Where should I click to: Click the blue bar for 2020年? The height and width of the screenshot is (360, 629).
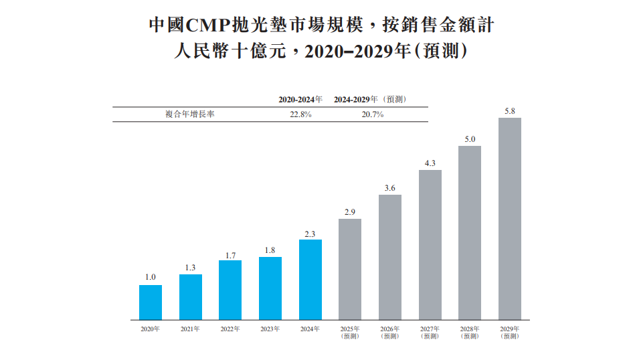[151, 302]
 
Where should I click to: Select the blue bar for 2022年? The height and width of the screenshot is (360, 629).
[230, 290]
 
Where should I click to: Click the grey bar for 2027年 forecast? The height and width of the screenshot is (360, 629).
[430, 244]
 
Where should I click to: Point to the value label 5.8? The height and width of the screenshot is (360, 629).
[510, 111]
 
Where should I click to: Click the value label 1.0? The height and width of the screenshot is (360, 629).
[151, 277]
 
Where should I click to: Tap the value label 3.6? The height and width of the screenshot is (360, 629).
[390, 187]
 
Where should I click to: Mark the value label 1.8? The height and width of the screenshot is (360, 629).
[270, 250]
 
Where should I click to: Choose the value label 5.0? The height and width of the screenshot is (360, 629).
[470, 139]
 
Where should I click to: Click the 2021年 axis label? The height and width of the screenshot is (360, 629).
[191, 329]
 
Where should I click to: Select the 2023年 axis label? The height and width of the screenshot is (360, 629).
[270, 329]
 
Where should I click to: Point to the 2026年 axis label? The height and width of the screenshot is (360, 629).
[390, 329]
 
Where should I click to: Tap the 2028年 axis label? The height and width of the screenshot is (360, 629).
[470, 329]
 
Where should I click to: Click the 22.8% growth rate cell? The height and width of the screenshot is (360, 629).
[300, 114]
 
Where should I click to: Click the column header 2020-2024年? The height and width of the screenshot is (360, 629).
[300, 99]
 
